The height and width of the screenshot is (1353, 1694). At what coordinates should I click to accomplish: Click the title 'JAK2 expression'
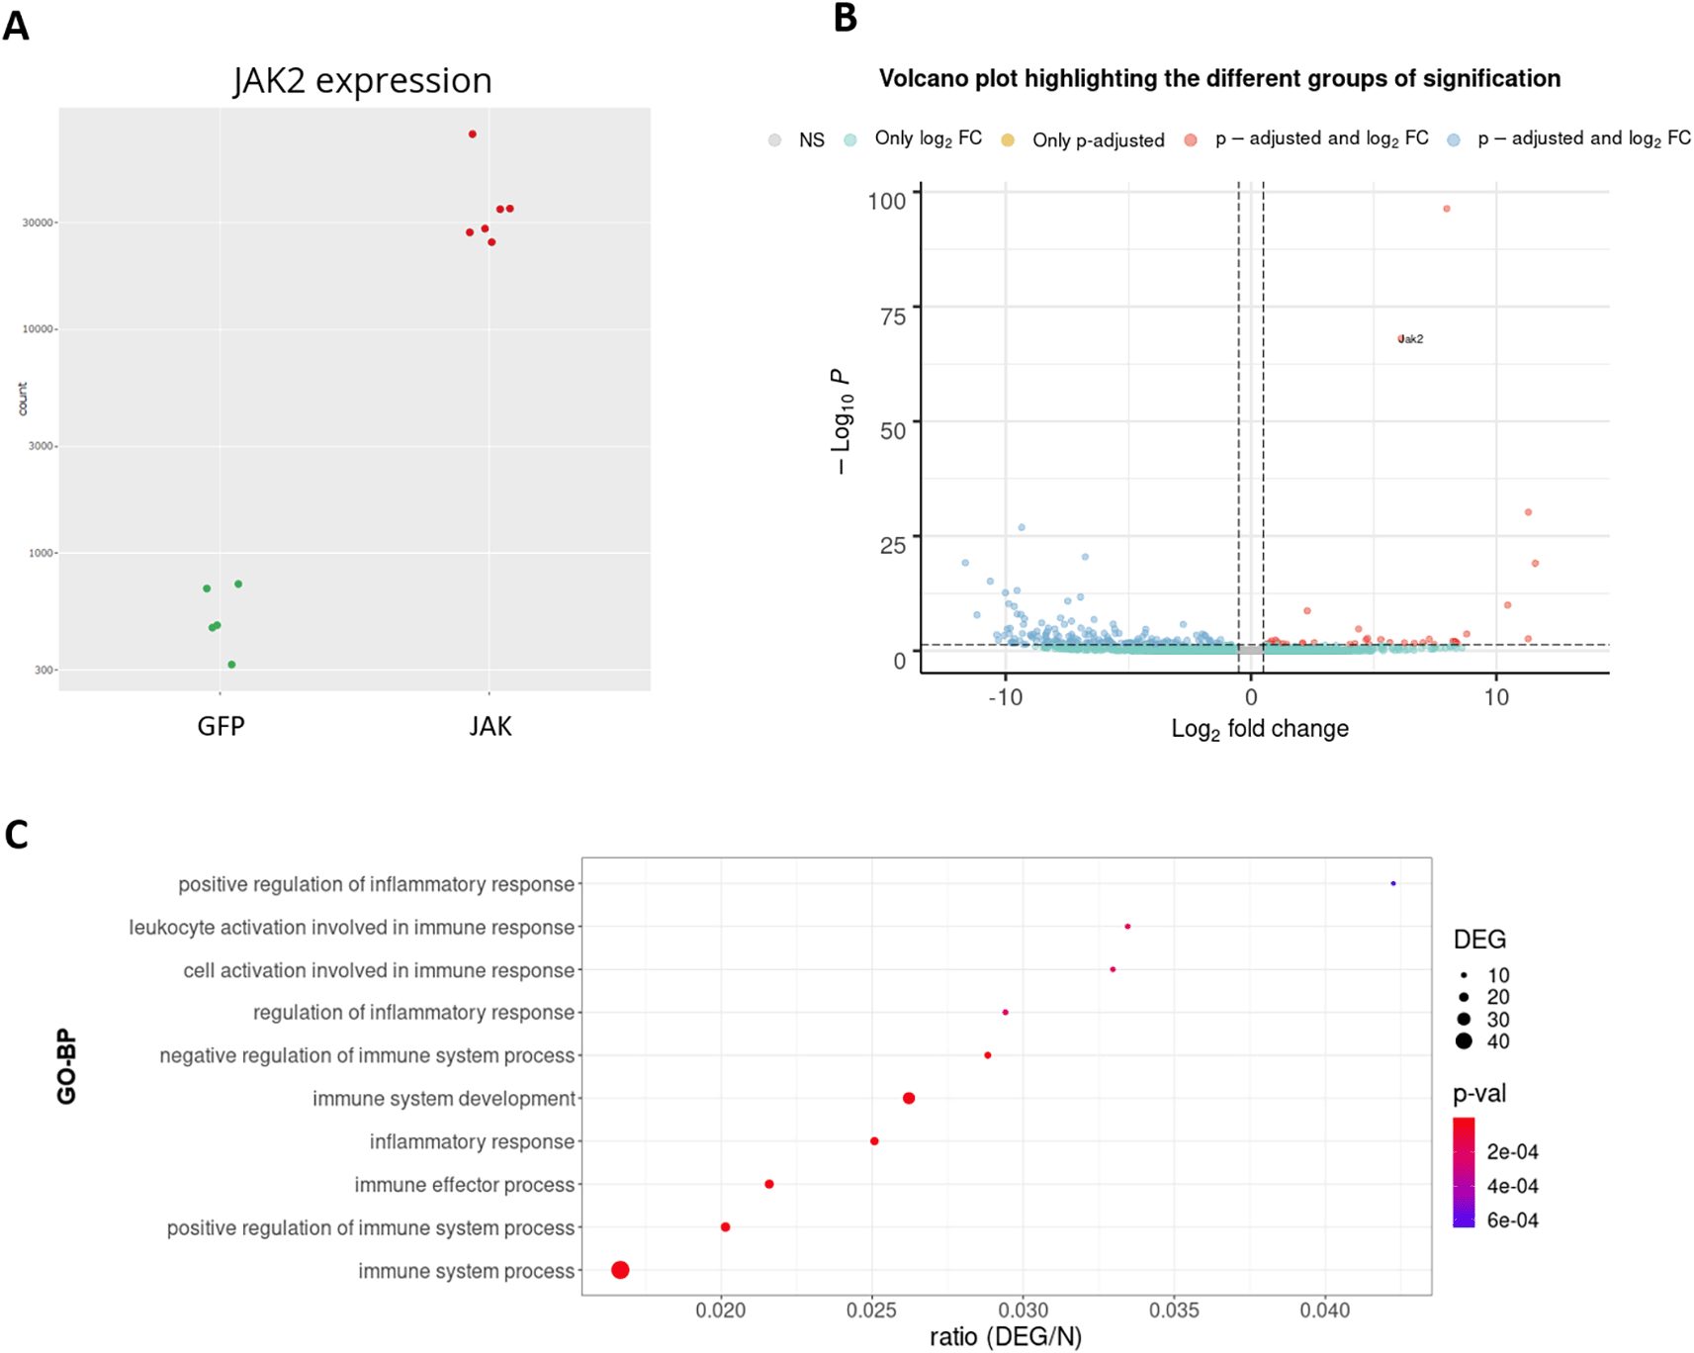click(362, 80)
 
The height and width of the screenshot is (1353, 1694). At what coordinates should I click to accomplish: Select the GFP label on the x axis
click(221, 727)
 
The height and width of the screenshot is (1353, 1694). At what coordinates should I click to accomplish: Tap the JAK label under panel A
click(490, 727)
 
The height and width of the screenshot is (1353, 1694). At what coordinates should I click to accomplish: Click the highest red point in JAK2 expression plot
click(473, 134)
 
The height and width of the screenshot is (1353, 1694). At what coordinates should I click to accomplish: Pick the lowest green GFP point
click(231, 665)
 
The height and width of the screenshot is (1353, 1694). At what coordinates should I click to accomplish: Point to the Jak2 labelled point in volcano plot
click(1401, 339)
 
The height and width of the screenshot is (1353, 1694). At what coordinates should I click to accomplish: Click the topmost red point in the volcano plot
click(1447, 209)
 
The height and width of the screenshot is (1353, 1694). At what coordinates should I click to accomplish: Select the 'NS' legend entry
click(797, 140)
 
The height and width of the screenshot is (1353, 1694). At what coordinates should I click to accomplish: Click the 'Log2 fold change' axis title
click(1259, 729)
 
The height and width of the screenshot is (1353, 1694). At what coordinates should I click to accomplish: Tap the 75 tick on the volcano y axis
click(893, 316)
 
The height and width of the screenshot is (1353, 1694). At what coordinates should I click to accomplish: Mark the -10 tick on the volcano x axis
click(1005, 698)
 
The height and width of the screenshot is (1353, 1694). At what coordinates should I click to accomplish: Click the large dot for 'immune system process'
click(620, 1270)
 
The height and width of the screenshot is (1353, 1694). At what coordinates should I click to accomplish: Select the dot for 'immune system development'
click(909, 1098)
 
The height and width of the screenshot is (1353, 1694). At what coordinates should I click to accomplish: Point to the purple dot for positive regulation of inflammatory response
click(1393, 883)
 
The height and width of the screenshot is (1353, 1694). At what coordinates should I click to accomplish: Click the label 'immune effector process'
click(464, 1185)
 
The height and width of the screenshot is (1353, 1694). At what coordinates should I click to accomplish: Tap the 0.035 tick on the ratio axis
click(1174, 1310)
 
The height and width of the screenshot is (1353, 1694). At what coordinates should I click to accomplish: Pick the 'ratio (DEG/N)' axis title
click(1005, 1337)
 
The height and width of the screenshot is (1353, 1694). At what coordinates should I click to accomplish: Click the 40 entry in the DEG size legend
click(1480, 1041)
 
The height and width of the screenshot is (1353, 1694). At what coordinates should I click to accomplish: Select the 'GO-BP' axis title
click(66, 1066)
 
